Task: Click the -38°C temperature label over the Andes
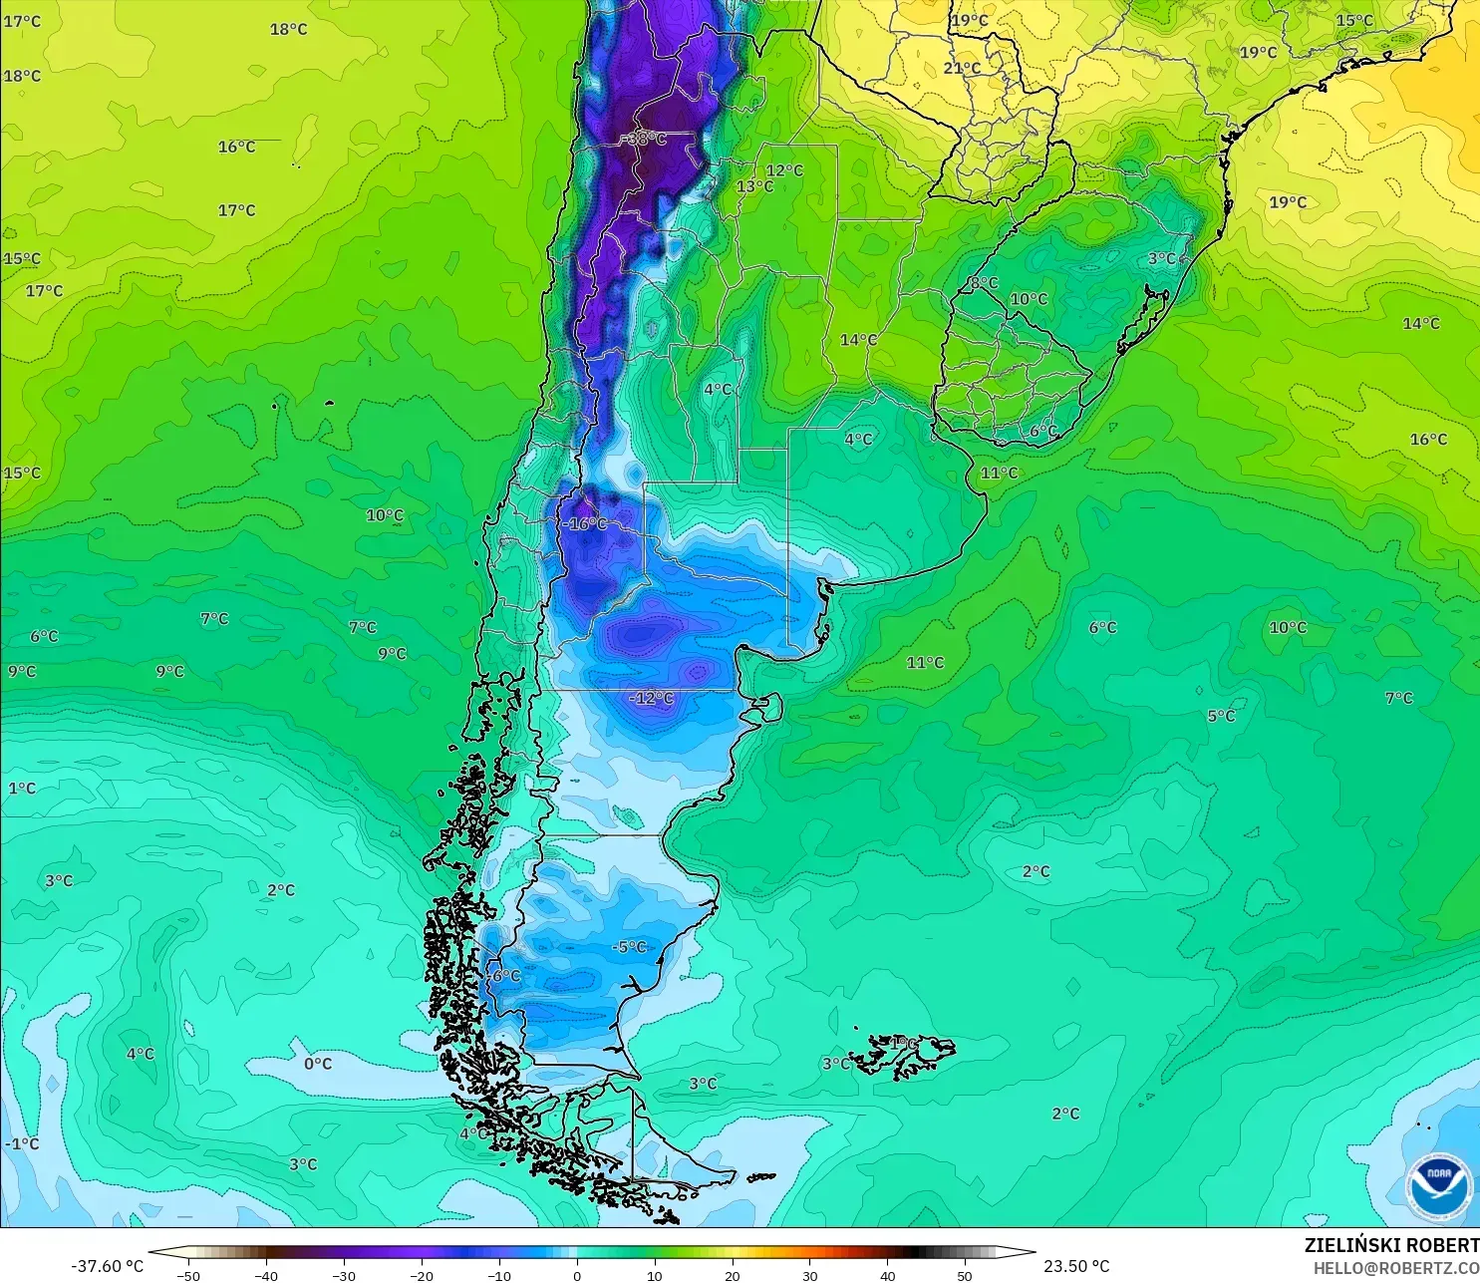click(646, 140)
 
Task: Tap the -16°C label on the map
click(585, 523)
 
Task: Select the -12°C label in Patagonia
click(652, 698)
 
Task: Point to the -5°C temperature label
click(629, 947)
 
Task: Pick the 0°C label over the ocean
click(318, 1064)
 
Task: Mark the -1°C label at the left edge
click(22, 1143)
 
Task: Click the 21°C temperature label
click(962, 68)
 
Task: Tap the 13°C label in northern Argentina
click(754, 186)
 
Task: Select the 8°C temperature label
click(984, 283)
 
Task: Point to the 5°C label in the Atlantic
click(1221, 716)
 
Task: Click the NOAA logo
click(1438, 1184)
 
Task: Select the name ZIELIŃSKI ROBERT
click(1391, 1245)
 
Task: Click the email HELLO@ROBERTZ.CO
click(1395, 1268)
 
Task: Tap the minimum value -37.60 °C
click(108, 1266)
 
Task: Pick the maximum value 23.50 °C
click(1076, 1266)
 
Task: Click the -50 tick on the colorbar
click(187, 1275)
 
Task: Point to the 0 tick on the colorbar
click(576, 1275)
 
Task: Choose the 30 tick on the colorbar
click(809, 1275)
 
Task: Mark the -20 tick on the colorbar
click(421, 1275)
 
